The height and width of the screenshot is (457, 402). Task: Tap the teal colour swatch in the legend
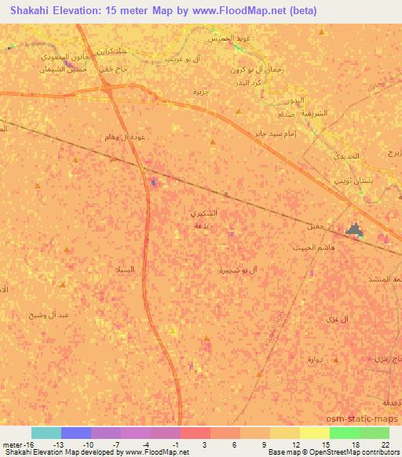[46, 433]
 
